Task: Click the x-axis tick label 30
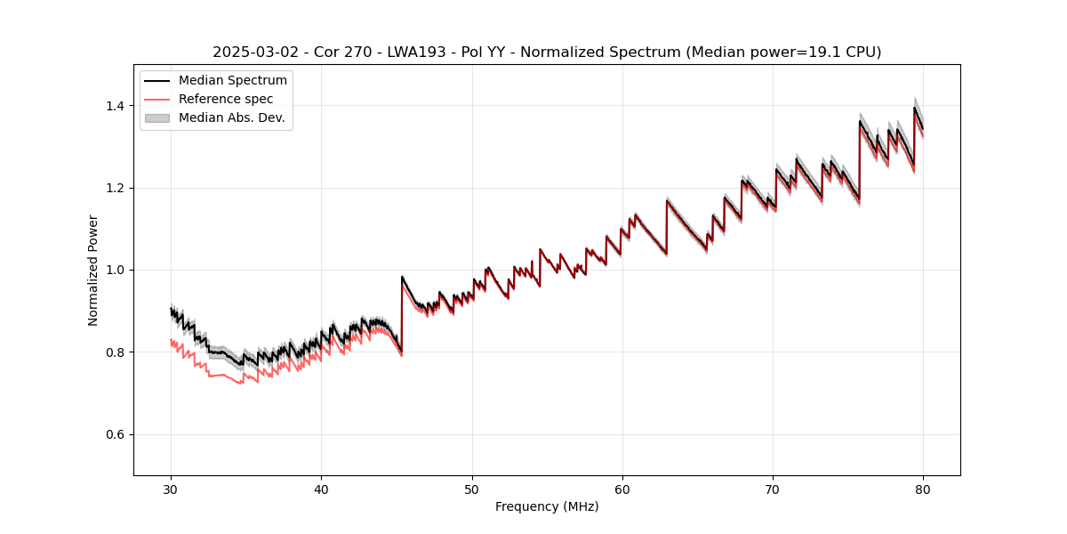tap(171, 489)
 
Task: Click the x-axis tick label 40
tap(321, 489)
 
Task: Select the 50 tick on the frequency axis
tap(472, 489)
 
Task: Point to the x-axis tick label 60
tap(622, 489)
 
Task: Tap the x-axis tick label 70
tap(773, 489)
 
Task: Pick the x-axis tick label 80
tap(923, 489)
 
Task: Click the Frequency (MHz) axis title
tap(547, 506)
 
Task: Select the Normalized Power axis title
tap(93, 270)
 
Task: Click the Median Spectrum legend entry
tap(232, 81)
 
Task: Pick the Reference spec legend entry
tap(226, 99)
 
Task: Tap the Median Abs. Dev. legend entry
tap(231, 117)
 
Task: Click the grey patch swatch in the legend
tap(157, 117)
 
